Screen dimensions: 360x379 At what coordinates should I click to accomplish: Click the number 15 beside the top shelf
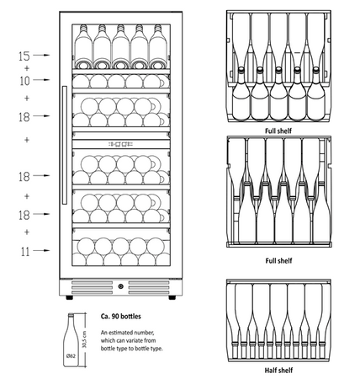click(x=24, y=56)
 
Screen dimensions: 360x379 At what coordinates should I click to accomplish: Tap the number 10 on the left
click(x=24, y=81)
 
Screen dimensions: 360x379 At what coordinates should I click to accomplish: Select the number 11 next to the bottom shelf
click(x=25, y=252)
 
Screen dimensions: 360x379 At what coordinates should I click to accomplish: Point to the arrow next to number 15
click(x=41, y=55)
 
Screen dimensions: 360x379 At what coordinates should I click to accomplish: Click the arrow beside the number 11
click(x=41, y=250)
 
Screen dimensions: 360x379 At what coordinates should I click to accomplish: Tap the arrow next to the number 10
click(x=41, y=80)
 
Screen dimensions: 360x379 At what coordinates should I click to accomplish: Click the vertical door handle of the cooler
click(x=65, y=145)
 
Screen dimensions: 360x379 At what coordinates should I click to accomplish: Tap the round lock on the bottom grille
click(x=120, y=286)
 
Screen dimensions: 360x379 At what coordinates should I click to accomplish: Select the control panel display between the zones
click(x=120, y=144)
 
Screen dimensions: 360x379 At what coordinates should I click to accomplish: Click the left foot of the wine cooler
click(x=69, y=297)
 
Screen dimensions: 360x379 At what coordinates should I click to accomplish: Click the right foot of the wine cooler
click(x=172, y=297)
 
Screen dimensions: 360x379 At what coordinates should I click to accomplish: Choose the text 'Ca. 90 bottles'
click(x=121, y=317)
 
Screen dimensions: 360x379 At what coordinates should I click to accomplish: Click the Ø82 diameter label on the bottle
click(x=71, y=356)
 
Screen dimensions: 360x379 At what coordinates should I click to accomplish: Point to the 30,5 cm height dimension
click(x=85, y=339)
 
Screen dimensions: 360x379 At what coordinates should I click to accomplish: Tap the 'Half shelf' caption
click(x=278, y=371)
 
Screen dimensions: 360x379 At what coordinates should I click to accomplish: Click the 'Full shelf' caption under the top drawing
click(x=278, y=131)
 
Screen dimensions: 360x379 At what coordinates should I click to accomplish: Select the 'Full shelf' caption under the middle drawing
click(x=278, y=260)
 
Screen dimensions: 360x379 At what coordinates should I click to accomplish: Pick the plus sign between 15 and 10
click(x=27, y=68)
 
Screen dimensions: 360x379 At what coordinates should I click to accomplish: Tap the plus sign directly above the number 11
click(x=27, y=232)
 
